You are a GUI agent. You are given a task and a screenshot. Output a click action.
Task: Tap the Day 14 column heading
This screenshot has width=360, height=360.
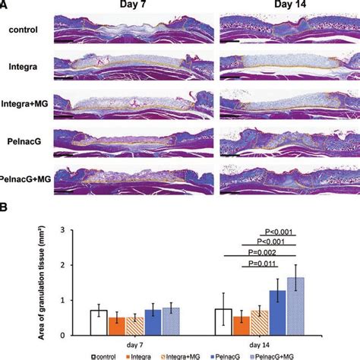point(276,7)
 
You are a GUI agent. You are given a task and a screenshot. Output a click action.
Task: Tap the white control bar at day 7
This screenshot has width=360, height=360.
point(99,321)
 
